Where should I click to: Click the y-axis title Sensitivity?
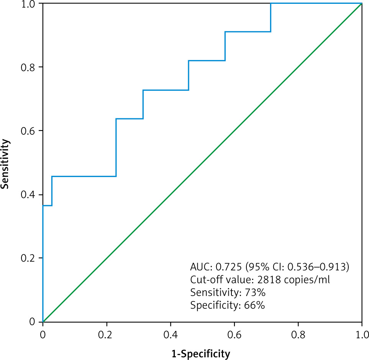(x=5, y=164)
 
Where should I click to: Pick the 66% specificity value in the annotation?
(x=253, y=306)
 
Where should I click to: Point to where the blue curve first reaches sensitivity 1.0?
(x=271, y=3)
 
